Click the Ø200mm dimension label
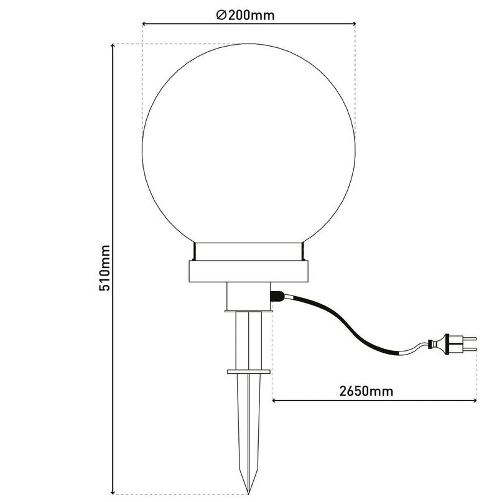[x=245, y=15]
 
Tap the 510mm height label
[x=105, y=268]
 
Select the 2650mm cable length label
[x=366, y=391]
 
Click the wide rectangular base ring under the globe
[x=248, y=271]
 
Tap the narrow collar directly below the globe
[x=248, y=252]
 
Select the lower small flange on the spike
[x=249, y=372]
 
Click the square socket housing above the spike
[x=249, y=296]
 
